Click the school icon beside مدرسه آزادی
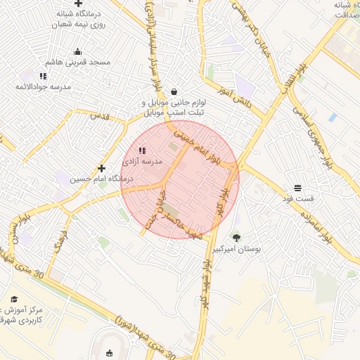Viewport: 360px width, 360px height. click(142, 150)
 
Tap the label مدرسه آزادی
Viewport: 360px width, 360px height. click(143, 162)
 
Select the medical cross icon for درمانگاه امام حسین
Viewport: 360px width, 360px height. click(102, 168)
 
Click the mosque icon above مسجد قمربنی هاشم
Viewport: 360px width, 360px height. click(77, 51)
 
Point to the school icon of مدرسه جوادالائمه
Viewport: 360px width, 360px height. click(43, 76)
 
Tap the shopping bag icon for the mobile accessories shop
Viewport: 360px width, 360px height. click(174, 91)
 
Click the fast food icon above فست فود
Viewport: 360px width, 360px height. click(297, 188)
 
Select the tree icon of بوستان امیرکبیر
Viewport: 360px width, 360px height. click(236, 238)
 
